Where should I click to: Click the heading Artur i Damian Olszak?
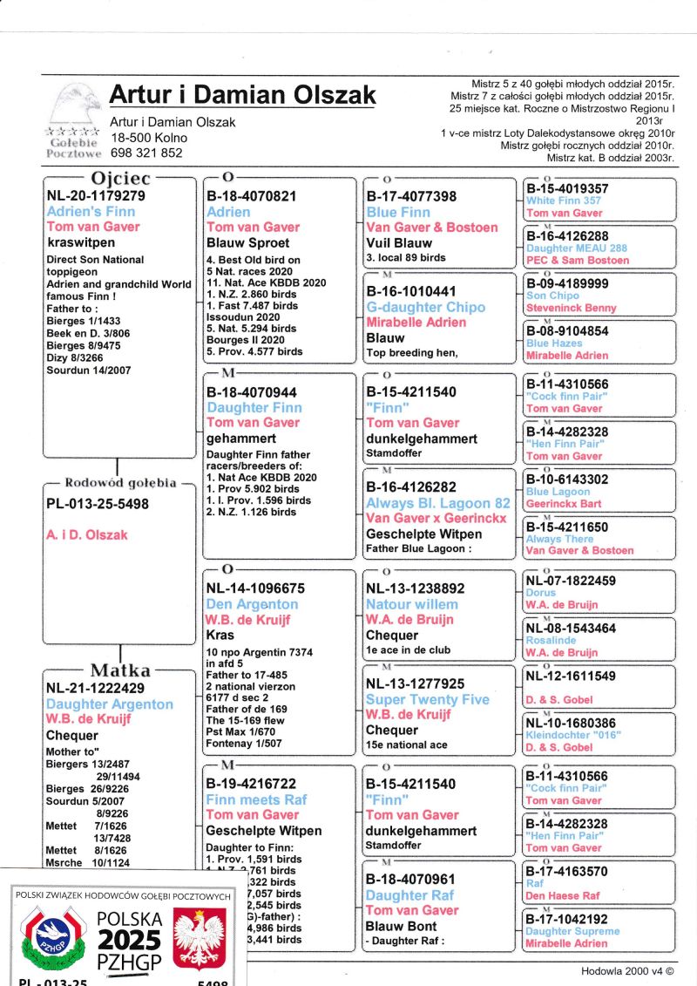pyautogui.click(x=242, y=95)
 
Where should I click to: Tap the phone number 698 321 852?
pyautogui.click(x=146, y=153)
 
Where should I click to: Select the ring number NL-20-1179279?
pyautogui.click(x=96, y=196)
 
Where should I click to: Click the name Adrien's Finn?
pyautogui.click(x=91, y=212)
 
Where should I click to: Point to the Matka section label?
pyautogui.click(x=120, y=670)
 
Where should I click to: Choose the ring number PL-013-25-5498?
pyautogui.click(x=97, y=504)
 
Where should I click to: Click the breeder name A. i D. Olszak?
pyautogui.click(x=86, y=534)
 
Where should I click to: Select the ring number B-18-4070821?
pyautogui.click(x=251, y=196)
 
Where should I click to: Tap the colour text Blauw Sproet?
pyautogui.click(x=247, y=243)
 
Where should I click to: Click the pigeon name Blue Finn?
pyautogui.click(x=399, y=212)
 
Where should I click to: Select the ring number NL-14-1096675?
pyautogui.click(x=255, y=588)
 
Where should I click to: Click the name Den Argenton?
pyautogui.click(x=252, y=604)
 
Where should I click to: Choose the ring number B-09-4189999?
pyautogui.click(x=567, y=283)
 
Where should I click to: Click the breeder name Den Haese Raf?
pyautogui.click(x=563, y=895)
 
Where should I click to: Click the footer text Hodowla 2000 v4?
pyautogui.click(x=627, y=970)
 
